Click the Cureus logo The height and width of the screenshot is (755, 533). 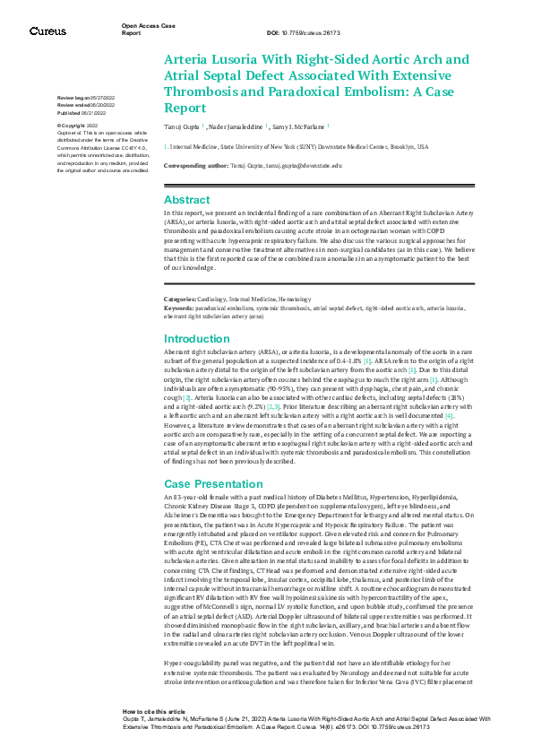[47, 30]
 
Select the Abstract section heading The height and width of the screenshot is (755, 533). [186, 200]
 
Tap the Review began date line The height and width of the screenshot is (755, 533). [86, 96]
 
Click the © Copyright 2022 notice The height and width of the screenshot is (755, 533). [78, 126]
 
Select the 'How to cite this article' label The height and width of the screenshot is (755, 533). [154, 709]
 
